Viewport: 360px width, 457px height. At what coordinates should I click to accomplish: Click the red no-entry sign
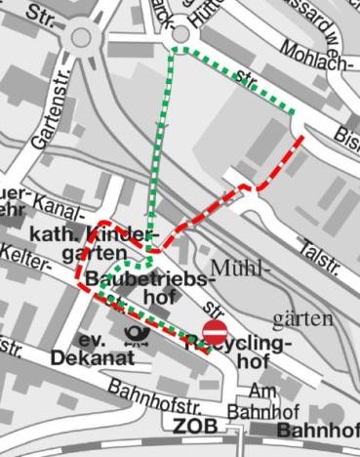[216, 329]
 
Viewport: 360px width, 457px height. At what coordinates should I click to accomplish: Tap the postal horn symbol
[137, 336]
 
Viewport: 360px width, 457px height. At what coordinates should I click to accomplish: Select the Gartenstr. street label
[47, 117]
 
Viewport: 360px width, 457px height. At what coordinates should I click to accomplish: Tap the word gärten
[302, 319]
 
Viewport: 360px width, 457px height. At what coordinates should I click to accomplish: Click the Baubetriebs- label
[150, 280]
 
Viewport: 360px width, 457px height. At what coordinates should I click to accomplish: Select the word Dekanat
[93, 357]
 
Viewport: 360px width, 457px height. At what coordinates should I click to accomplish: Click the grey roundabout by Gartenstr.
[81, 37]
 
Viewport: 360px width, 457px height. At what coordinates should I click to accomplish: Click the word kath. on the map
[54, 235]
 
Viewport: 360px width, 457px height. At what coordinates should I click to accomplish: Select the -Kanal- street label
[60, 202]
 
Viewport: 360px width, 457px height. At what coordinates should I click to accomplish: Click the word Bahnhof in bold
[318, 430]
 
